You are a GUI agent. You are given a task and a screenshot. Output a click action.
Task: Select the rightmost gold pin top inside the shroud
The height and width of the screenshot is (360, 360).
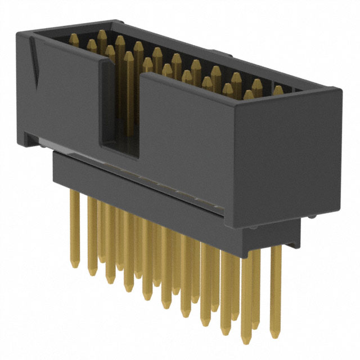(277, 90)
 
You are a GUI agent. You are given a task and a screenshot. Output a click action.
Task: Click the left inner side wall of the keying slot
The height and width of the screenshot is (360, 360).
(104, 107)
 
